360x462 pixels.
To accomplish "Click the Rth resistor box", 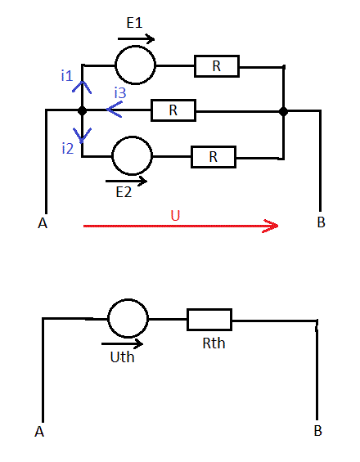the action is [x=209, y=310].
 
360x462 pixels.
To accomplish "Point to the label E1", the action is [x=134, y=23].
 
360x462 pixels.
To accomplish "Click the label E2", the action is [x=124, y=192].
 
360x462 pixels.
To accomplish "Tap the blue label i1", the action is [x=67, y=76].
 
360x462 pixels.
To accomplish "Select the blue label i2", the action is [x=68, y=148].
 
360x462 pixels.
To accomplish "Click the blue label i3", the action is [x=120, y=92].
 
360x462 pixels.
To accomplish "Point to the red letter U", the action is [x=175, y=215].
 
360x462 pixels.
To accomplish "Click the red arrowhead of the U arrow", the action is [x=277, y=226].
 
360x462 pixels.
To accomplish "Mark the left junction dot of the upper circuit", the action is [x=82, y=110].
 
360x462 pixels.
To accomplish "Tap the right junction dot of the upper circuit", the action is [x=283, y=112].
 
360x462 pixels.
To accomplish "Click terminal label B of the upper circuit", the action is [x=321, y=222].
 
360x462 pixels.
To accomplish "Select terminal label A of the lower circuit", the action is [x=39, y=432].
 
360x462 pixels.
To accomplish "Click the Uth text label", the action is [x=123, y=357].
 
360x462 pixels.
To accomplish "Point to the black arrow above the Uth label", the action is [x=122, y=343].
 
